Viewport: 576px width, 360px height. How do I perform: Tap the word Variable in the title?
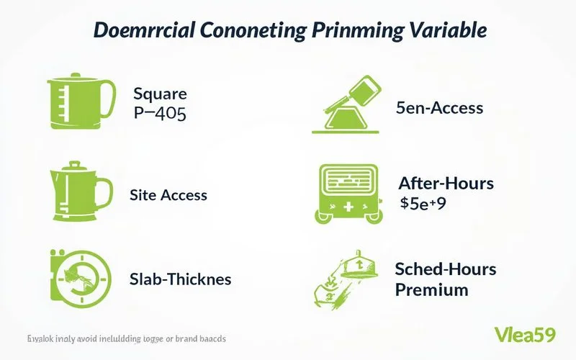point(446,31)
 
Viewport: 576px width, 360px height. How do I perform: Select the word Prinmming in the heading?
point(353,31)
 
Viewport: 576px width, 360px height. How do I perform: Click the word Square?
point(160,94)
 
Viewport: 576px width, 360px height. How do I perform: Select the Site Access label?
point(168,194)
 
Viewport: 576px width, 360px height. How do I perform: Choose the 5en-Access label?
point(439,109)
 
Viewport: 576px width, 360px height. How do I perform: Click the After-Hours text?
point(446,184)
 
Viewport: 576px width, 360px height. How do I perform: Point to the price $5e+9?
point(423,204)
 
